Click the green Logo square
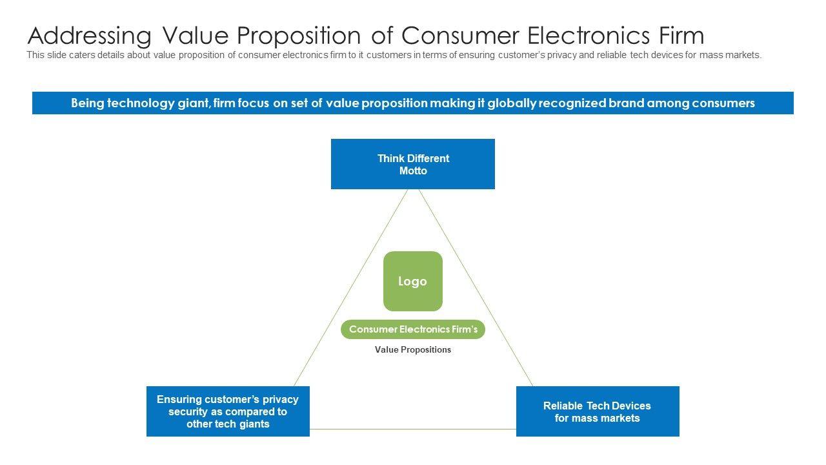tap(413, 281)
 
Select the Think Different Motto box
tap(413, 164)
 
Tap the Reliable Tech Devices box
tap(598, 411)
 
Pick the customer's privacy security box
tap(228, 411)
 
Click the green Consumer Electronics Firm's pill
tap(413, 329)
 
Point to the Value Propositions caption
tap(413, 350)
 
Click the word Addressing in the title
tap(89, 35)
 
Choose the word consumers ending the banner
tap(724, 103)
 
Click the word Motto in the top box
tap(413, 171)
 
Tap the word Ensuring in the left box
tap(179, 399)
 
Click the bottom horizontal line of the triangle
tap(413, 429)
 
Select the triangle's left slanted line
tap(350, 287)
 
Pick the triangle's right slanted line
tap(476, 287)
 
